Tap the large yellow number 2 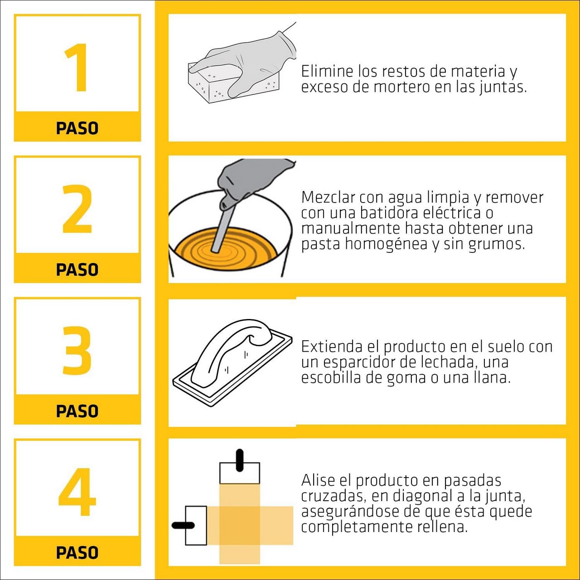77,209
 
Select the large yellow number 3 77,350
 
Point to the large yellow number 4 77,492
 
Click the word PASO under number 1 77,128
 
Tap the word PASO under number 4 77,553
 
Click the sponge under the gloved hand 211,87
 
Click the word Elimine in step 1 327,72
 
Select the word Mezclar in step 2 328,198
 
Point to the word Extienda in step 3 332,347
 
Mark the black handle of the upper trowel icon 240,460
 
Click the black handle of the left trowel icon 183,526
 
